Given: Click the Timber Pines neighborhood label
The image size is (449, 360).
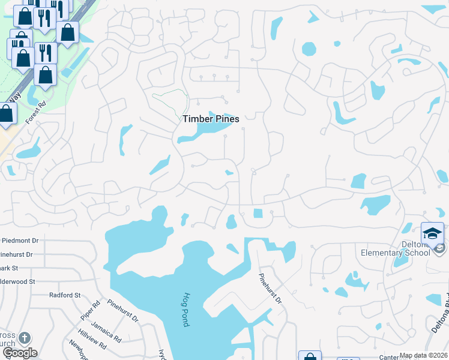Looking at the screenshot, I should [x=211, y=119].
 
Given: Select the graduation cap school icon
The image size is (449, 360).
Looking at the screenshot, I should [x=432, y=233].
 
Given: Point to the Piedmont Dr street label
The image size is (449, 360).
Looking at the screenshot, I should [x=19, y=240].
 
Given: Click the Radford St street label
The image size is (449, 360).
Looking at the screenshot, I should [x=65, y=295].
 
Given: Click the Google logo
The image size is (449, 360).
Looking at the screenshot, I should [x=19, y=353].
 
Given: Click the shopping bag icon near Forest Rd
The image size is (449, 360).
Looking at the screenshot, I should [x=7, y=114].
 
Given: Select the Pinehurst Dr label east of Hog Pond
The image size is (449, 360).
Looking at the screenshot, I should [x=270, y=289].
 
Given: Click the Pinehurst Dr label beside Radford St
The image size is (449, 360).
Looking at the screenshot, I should [x=123, y=311].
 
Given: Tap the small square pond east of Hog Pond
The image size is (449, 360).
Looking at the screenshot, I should [x=258, y=214].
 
